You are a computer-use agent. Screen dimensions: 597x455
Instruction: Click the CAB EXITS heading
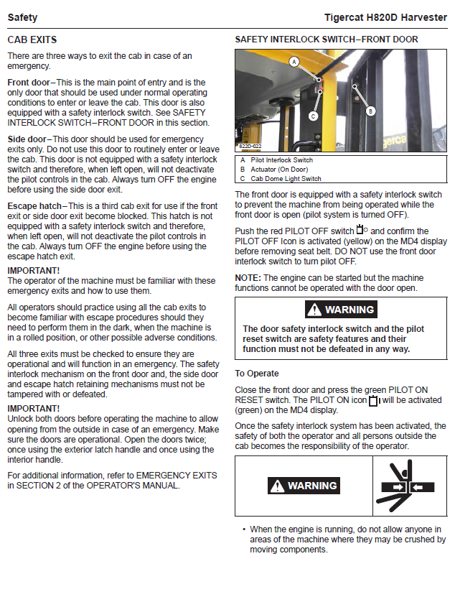[32, 40]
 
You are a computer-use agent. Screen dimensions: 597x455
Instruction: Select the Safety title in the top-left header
[22, 17]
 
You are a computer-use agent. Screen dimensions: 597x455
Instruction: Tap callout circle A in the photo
[294, 63]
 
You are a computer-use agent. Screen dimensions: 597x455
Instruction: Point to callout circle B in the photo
[370, 111]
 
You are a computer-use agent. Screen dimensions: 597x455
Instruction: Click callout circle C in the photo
[313, 116]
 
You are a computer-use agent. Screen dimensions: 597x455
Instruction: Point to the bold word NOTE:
[248, 278]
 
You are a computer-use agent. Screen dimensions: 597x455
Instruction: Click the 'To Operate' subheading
[257, 374]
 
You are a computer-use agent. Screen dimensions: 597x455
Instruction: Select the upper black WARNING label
[341, 310]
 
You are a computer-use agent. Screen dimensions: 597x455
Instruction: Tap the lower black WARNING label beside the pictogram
[304, 486]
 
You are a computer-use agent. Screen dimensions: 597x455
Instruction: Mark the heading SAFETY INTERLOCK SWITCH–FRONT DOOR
[327, 40]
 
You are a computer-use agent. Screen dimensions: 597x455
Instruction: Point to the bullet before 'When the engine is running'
[244, 529]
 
